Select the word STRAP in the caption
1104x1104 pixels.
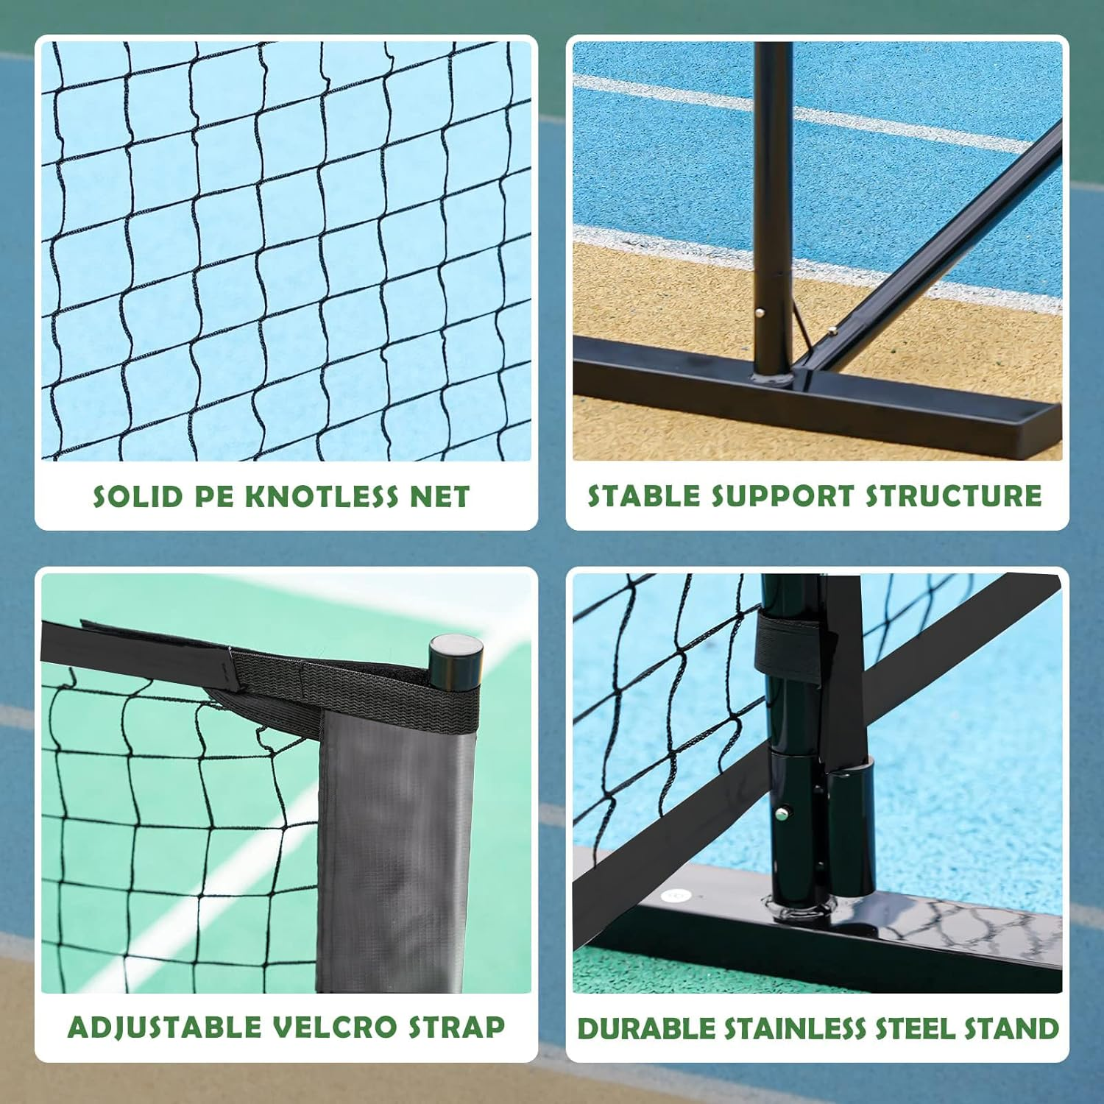click(x=457, y=1027)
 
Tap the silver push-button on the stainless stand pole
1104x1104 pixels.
click(x=780, y=814)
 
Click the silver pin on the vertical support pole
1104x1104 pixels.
click(x=760, y=312)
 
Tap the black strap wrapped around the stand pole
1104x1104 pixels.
click(x=788, y=648)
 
